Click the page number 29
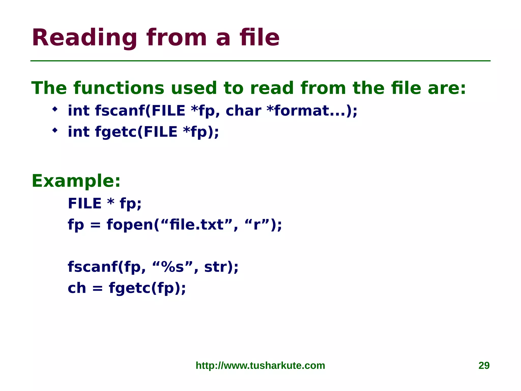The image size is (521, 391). [484, 365]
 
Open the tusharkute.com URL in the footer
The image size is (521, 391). [260, 365]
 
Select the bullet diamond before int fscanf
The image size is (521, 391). [55, 109]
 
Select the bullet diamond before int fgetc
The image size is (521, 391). [55, 131]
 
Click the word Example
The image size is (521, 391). [76, 181]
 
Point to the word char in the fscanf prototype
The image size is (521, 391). [243, 111]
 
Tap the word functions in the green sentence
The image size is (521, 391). [119, 88]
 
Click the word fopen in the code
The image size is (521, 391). [130, 225]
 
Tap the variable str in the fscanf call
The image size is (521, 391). [216, 267]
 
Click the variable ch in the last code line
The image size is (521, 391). [77, 288]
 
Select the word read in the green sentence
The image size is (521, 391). [272, 88]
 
